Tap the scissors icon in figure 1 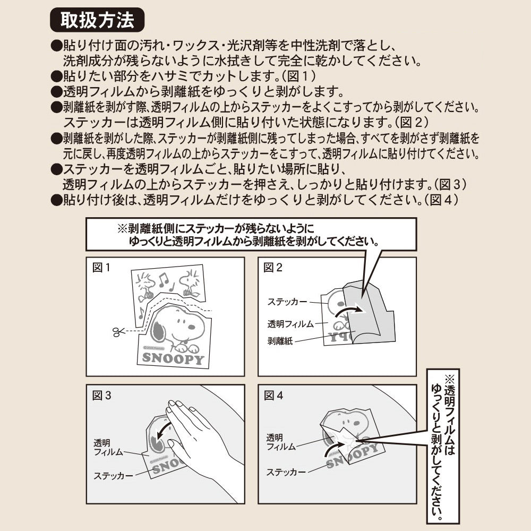[117, 331]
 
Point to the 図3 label [101, 396]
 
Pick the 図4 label [273, 396]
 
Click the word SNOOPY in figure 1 [173, 358]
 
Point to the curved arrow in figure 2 [349, 311]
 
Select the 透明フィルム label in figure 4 [281, 442]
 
